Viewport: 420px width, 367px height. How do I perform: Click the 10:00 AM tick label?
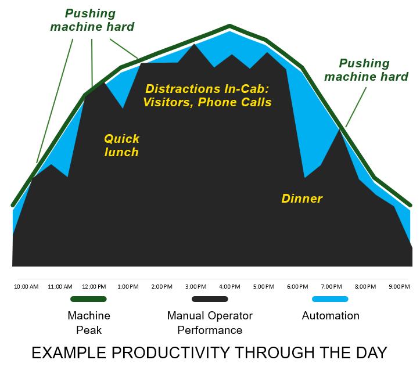click(x=26, y=287)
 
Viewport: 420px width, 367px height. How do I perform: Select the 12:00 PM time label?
click(x=94, y=287)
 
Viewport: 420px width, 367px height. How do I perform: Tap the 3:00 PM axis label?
click(x=196, y=287)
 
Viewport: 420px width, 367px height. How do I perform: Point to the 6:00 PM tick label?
click(x=297, y=287)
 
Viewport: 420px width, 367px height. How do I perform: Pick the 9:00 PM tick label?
click(x=399, y=287)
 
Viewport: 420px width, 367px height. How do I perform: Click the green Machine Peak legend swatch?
click(x=88, y=299)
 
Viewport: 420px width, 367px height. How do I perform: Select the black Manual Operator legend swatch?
click(x=210, y=299)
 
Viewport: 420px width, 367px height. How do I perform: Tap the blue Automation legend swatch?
click(x=330, y=299)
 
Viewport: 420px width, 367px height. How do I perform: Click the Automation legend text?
click(x=331, y=316)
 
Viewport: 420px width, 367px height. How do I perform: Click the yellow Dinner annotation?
click(x=302, y=199)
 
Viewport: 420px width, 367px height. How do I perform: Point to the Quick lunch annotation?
click(x=121, y=145)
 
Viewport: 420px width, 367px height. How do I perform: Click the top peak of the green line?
click(x=229, y=26)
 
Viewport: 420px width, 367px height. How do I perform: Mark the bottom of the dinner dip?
click(x=305, y=177)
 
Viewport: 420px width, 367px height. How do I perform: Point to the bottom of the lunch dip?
click(x=123, y=108)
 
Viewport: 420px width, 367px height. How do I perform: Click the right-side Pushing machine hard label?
click(x=366, y=70)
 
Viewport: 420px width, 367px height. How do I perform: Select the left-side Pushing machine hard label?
click(x=92, y=20)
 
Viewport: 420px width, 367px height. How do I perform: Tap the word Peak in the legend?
click(x=89, y=330)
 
